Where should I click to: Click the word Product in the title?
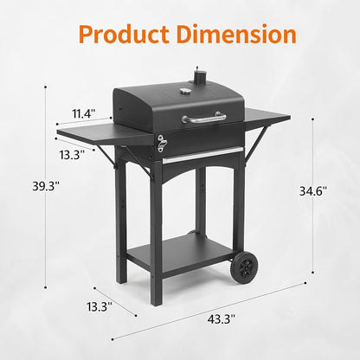point(124,35)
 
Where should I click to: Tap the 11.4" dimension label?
point(83,113)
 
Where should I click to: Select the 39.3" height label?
point(46,186)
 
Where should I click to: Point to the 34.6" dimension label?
point(313,191)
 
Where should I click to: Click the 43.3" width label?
point(222,319)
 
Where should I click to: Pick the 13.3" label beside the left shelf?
point(72,155)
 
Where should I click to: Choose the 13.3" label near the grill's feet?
point(100,306)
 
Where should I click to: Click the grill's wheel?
point(244,267)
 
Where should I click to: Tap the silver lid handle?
point(204,118)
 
